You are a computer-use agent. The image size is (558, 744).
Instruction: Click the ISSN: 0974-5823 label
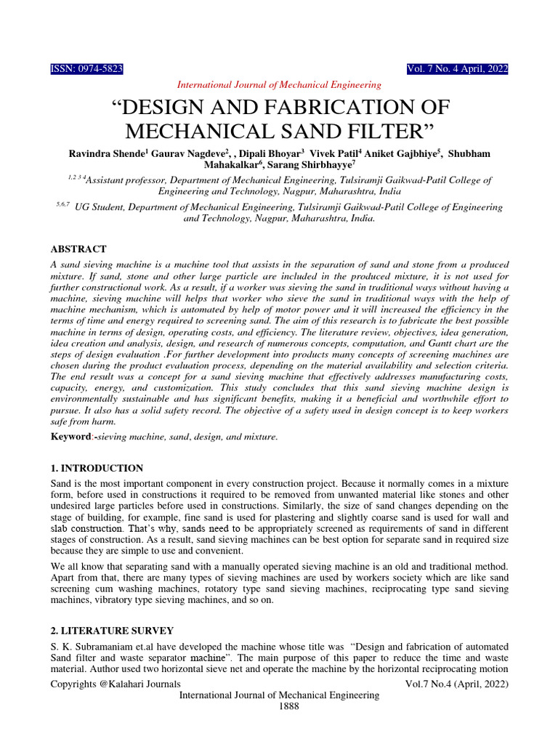point(86,69)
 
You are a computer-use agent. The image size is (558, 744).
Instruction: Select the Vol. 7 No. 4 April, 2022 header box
point(458,69)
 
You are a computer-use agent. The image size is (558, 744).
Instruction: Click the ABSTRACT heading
point(78,249)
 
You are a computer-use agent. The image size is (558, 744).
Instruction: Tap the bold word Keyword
point(71,437)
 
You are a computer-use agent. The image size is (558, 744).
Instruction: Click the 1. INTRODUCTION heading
point(97,469)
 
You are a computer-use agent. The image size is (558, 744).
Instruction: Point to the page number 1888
point(279,705)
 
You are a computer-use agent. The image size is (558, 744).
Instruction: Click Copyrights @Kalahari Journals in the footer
point(116,684)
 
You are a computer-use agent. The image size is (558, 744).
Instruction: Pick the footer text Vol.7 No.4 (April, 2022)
point(456,684)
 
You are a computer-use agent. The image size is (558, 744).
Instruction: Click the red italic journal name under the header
point(279,85)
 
